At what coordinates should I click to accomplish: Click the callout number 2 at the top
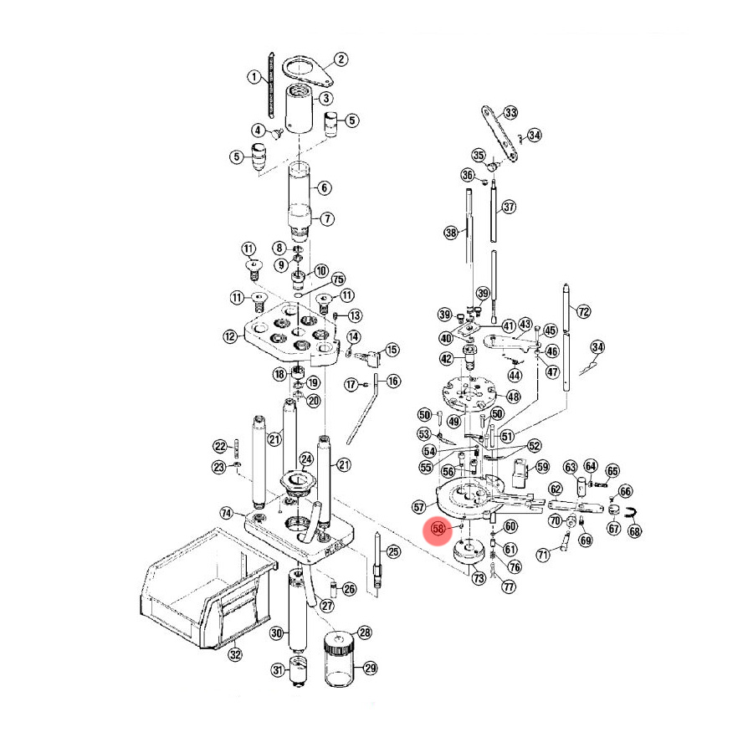(x=341, y=59)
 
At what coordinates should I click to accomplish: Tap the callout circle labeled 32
(x=235, y=654)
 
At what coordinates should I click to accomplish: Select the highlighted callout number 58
(x=438, y=530)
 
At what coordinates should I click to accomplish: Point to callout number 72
(x=584, y=312)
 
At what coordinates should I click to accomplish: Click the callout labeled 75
(x=338, y=279)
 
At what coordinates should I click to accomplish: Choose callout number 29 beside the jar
(x=370, y=668)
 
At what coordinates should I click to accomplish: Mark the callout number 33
(x=510, y=113)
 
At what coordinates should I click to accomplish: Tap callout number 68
(x=635, y=530)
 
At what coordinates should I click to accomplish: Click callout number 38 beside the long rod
(x=452, y=233)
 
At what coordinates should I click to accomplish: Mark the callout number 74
(x=226, y=512)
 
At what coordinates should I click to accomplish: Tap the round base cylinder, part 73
(x=467, y=554)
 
